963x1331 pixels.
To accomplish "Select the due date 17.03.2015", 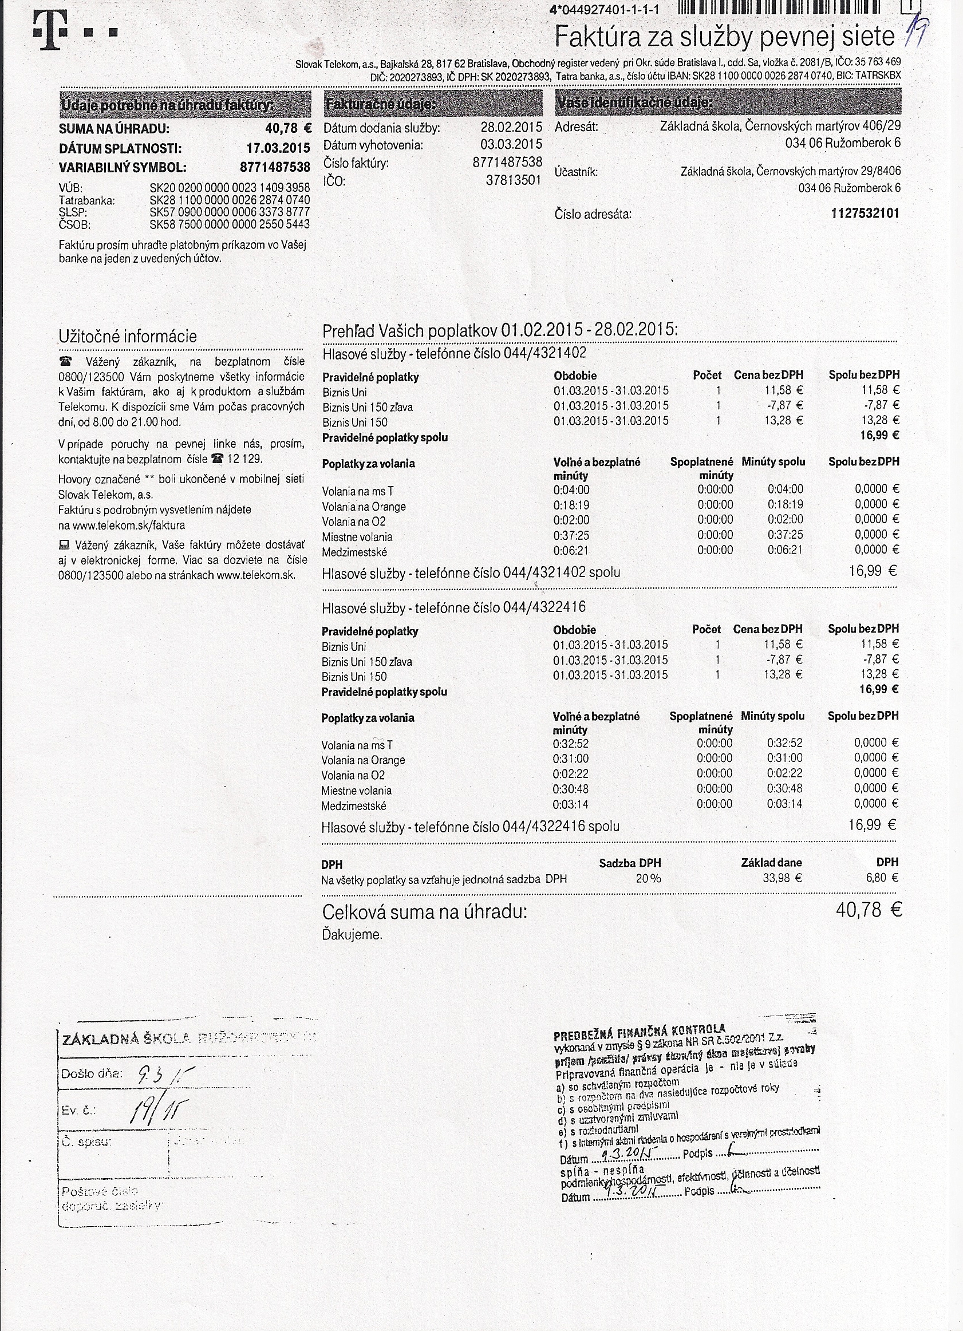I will [x=278, y=148].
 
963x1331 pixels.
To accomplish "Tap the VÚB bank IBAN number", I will [x=230, y=188].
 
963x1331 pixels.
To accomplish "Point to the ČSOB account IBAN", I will [x=230, y=224].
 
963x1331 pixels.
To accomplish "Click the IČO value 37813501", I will [x=513, y=181].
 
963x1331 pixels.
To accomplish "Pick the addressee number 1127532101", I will [x=865, y=213].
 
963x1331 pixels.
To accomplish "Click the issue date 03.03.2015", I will [x=511, y=144].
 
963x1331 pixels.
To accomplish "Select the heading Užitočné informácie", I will [x=127, y=336].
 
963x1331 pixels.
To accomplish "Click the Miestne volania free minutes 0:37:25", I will [x=571, y=535].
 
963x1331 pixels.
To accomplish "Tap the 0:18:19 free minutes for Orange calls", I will [x=571, y=505].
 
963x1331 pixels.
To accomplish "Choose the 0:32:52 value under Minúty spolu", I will [x=784, y=743].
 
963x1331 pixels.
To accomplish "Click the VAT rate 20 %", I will [x=648, y=879].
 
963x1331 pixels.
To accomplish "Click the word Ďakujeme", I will [x=352, y=935].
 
